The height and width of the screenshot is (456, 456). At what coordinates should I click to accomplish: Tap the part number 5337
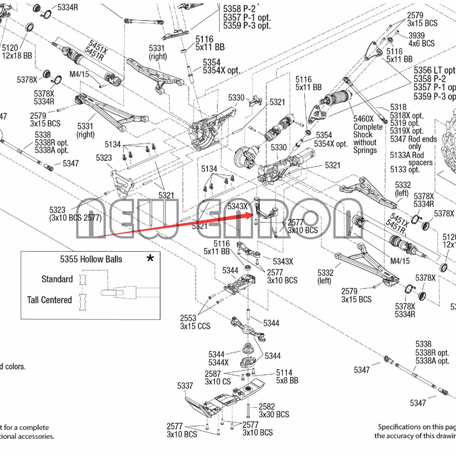(x=185, y=386)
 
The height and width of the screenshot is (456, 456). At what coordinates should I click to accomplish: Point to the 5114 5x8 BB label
(x=284, y=376)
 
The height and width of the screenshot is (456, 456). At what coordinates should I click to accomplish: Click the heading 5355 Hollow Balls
(x=91, y=259)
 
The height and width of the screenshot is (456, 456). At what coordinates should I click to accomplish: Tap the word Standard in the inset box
(x=57, y=279)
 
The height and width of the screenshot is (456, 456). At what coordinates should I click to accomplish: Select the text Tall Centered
(x=50, y=300)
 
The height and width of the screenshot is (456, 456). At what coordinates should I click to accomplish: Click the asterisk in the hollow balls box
(x=150, y=259)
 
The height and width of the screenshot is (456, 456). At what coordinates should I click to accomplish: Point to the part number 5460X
(x=363, y=119)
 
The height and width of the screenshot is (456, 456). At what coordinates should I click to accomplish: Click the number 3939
(x=416, y=36)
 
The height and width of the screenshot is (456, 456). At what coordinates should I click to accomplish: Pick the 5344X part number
(x=218, y=363)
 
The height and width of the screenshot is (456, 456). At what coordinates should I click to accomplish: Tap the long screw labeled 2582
(x=248, y=410)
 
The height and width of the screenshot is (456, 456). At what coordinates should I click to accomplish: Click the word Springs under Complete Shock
(x=365, y=150)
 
